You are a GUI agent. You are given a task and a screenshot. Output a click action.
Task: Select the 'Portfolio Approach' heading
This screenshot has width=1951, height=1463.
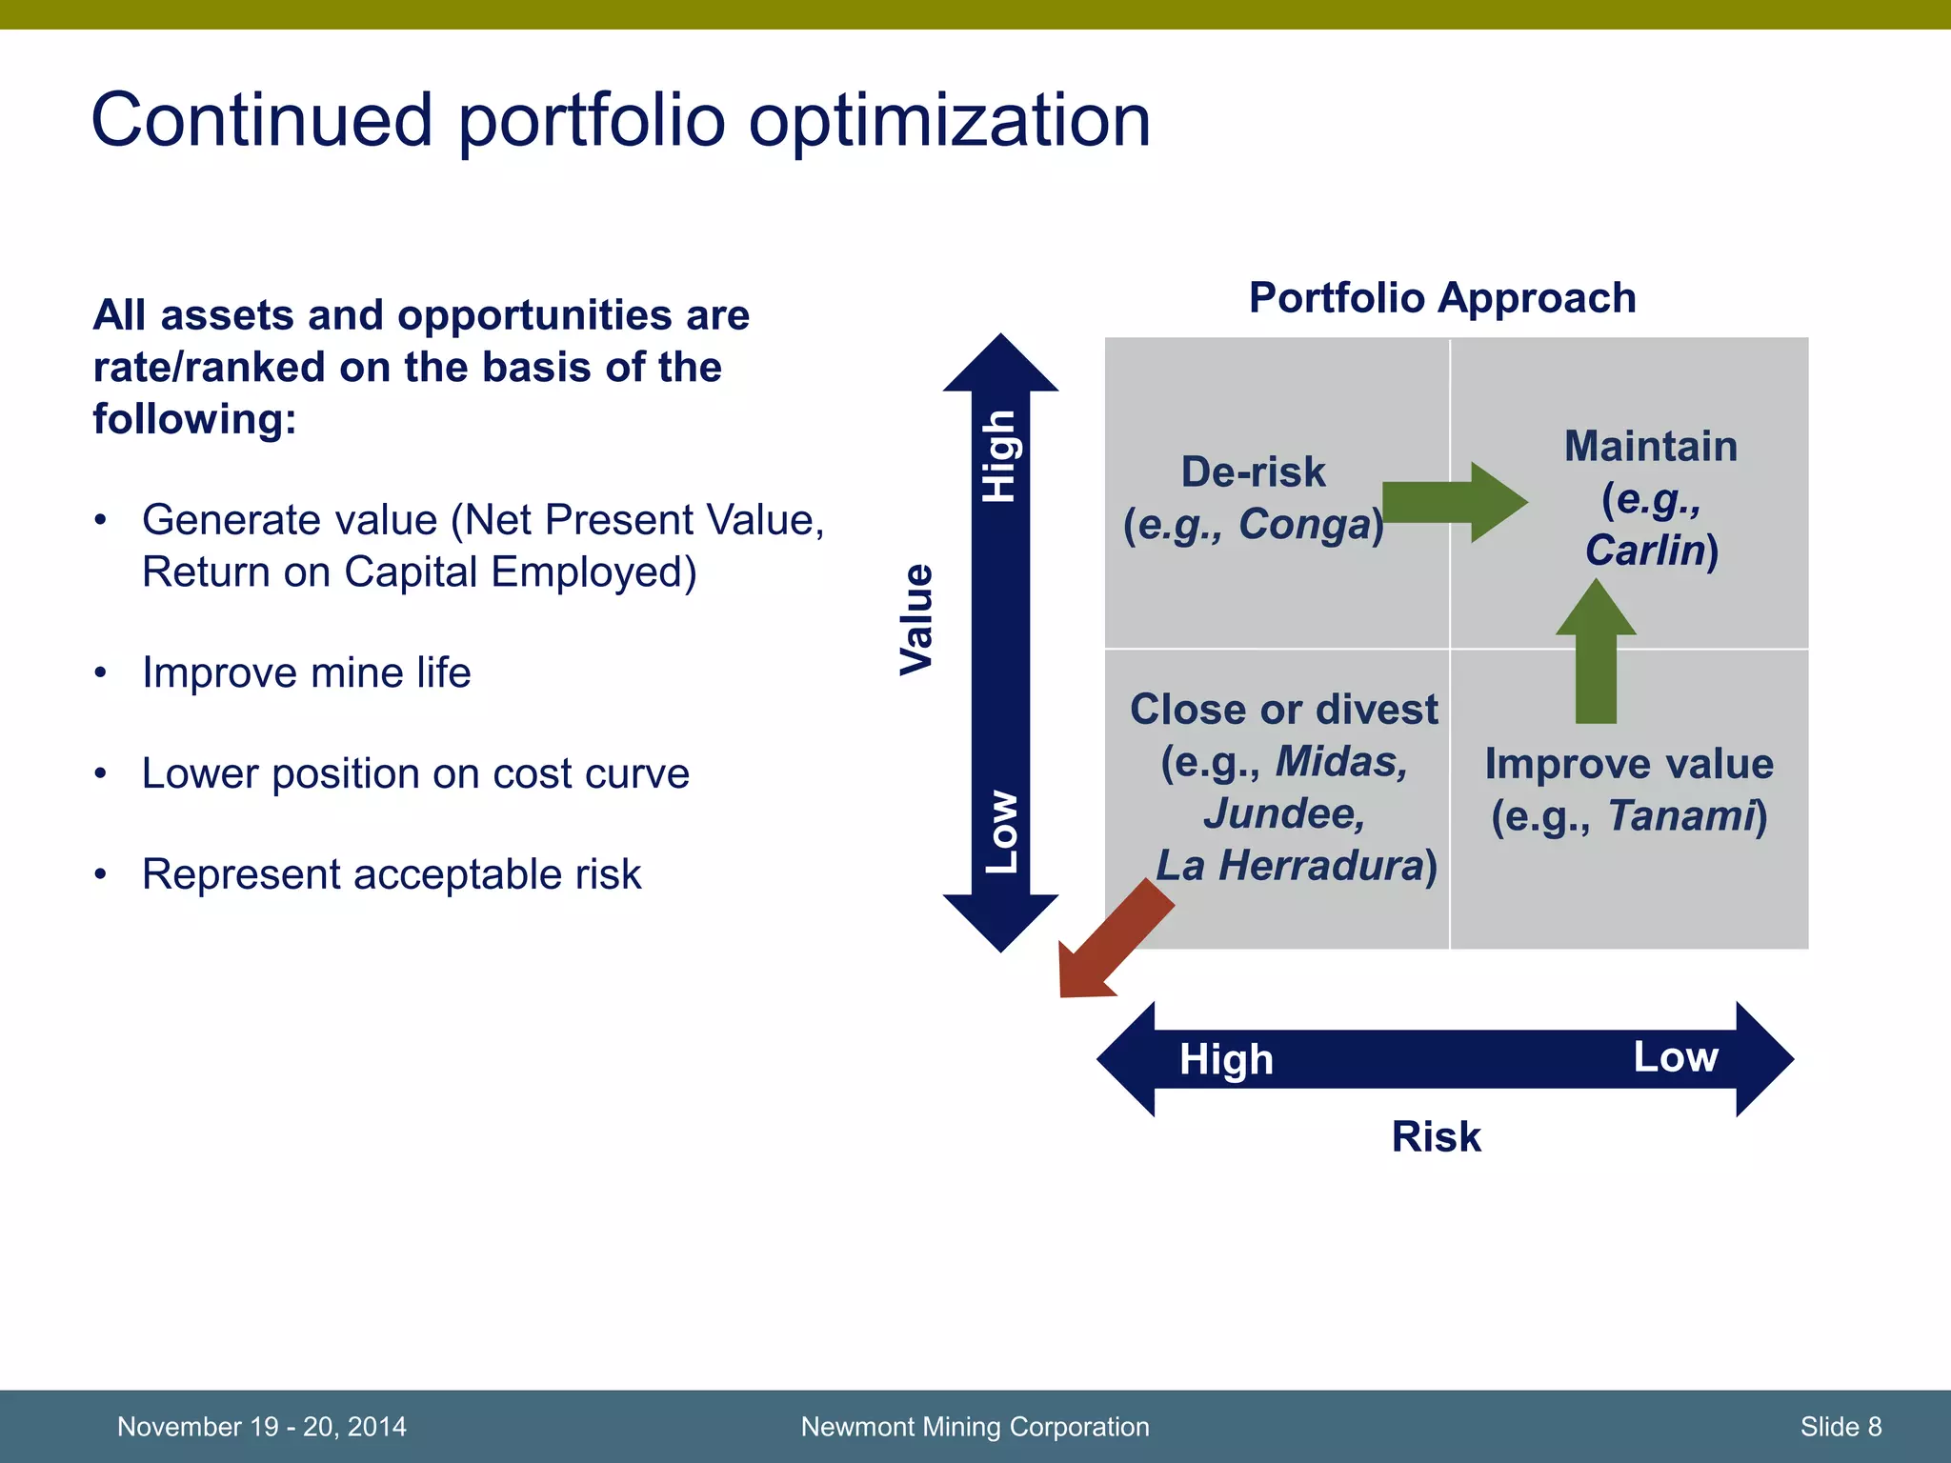[1441, 298]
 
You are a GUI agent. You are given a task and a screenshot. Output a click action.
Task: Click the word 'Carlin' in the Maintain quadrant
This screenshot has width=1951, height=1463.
[1644, 550]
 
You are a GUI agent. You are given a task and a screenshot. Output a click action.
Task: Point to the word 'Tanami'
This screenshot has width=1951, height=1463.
[1681, 815]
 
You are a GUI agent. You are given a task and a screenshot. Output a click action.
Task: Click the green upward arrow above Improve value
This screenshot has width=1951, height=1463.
[1596, 657]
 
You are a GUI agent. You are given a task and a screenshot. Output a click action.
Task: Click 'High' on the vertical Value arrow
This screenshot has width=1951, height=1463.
[1000, 456]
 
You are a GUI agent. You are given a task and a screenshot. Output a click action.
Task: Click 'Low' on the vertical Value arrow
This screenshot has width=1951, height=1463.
[1001, 831]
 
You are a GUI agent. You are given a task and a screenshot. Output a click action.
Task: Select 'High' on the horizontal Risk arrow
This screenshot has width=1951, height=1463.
[1226, 1059]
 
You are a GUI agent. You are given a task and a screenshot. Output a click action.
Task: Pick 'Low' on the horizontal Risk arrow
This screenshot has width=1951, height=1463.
[1676, 1056]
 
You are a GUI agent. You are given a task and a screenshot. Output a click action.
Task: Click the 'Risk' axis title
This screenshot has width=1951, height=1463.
[1436, 1136]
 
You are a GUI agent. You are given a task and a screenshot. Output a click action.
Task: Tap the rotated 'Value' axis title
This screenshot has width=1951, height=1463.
[916, 619]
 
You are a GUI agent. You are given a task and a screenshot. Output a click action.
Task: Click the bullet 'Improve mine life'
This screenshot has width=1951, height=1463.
[306, 672]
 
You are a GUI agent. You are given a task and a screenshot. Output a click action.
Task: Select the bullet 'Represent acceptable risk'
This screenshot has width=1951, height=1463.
[391, 874]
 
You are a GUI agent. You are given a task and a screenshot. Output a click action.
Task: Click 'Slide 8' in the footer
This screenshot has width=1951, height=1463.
[1840, 1426]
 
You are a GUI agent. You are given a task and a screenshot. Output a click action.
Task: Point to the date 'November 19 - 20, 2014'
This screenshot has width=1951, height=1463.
[261, 1426]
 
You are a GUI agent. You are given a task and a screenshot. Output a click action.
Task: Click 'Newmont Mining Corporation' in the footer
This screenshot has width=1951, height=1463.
[975, 1426]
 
